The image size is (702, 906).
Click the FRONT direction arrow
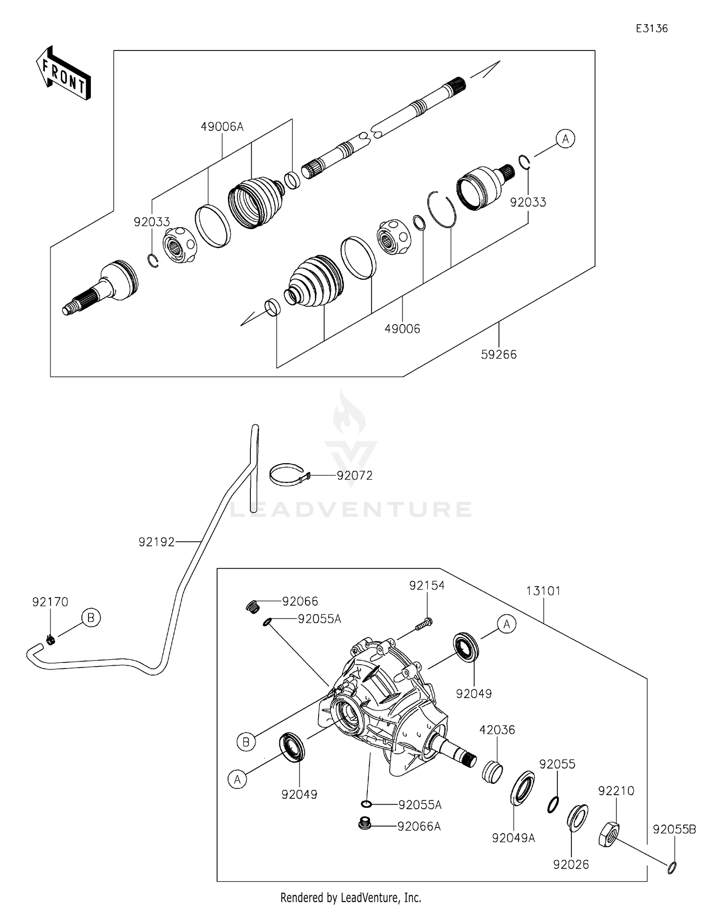point(63,74)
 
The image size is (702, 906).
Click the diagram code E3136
point(651,29)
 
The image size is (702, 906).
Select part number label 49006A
point(222,127)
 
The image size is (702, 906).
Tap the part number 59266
point(498,354)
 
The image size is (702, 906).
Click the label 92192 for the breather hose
point(156,542)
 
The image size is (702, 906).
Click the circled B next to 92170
point(91,618)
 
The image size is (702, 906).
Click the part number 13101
point(543,591)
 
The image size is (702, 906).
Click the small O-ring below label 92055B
point(672,868)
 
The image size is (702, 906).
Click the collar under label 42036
point(492,772)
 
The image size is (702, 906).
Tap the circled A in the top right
point(565,139)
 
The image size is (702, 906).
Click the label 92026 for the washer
point(570,864)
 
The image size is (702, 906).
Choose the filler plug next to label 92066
point(253,607)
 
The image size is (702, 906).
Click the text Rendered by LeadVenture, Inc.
point(351,897)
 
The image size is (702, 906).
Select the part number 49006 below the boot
point(402,329)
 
